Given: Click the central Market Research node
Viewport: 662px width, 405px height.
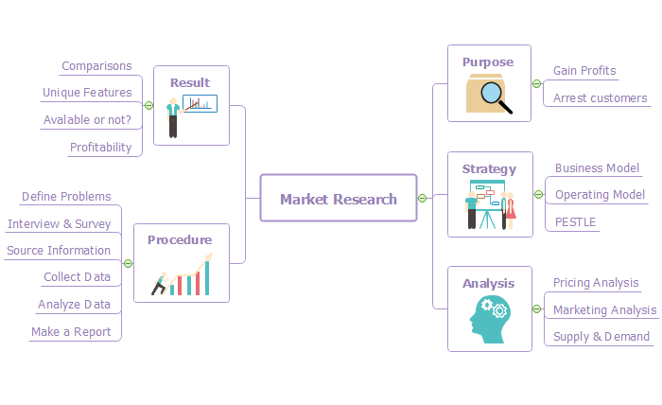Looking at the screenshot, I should point(339,199).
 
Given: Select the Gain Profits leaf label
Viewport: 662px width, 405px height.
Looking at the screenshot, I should point(584,71).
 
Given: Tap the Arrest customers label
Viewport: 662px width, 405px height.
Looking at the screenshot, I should point(600,97).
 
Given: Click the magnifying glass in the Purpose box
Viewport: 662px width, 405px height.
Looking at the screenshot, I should point(495,97).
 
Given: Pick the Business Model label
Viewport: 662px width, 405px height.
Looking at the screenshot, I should point(597,168).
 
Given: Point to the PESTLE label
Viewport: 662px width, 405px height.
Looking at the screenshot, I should point(575,221).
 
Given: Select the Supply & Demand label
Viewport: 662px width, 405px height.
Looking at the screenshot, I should point(601,336).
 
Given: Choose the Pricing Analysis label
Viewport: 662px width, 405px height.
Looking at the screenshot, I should point(596,283).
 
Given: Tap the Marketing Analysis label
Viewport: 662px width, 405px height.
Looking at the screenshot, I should point(604,309).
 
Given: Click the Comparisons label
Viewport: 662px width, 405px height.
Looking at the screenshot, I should point(96,66).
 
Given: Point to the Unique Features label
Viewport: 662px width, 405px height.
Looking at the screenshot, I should point(87,93).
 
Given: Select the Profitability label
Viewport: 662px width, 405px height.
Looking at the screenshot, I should point(100,147).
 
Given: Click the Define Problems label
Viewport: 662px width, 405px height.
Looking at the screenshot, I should point(66,197).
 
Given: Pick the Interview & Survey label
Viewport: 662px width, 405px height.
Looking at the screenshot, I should point(59,224).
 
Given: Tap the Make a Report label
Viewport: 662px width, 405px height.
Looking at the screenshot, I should point(71,332).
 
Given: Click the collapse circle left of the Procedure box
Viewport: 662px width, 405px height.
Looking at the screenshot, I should point(128,263).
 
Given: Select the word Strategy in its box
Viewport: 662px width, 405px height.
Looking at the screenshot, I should point(489,169).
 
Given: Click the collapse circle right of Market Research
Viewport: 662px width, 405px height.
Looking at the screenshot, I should point(423,198).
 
